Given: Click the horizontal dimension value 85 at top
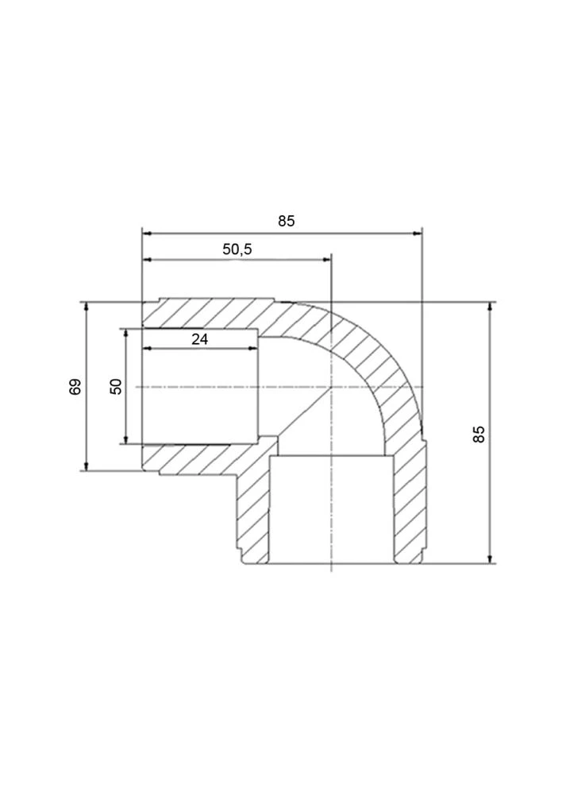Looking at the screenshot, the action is coord(287,221).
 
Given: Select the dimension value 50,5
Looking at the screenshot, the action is coord(237,249).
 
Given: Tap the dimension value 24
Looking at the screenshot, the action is coord(199,339).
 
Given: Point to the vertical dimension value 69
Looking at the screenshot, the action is coord(75,387).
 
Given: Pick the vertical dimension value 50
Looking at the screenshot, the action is coord(116,387).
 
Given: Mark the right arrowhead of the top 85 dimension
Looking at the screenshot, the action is coord(417,234).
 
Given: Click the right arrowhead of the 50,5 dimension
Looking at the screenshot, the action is coord(326,259).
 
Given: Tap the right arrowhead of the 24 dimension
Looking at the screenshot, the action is coord(253,348).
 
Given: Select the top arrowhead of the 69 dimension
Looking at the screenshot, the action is coord(87,307).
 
